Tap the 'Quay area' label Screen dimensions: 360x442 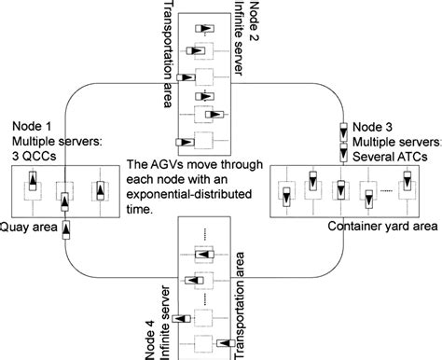[x=27, y=225]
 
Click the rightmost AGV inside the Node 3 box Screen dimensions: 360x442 [x=407, y=189]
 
